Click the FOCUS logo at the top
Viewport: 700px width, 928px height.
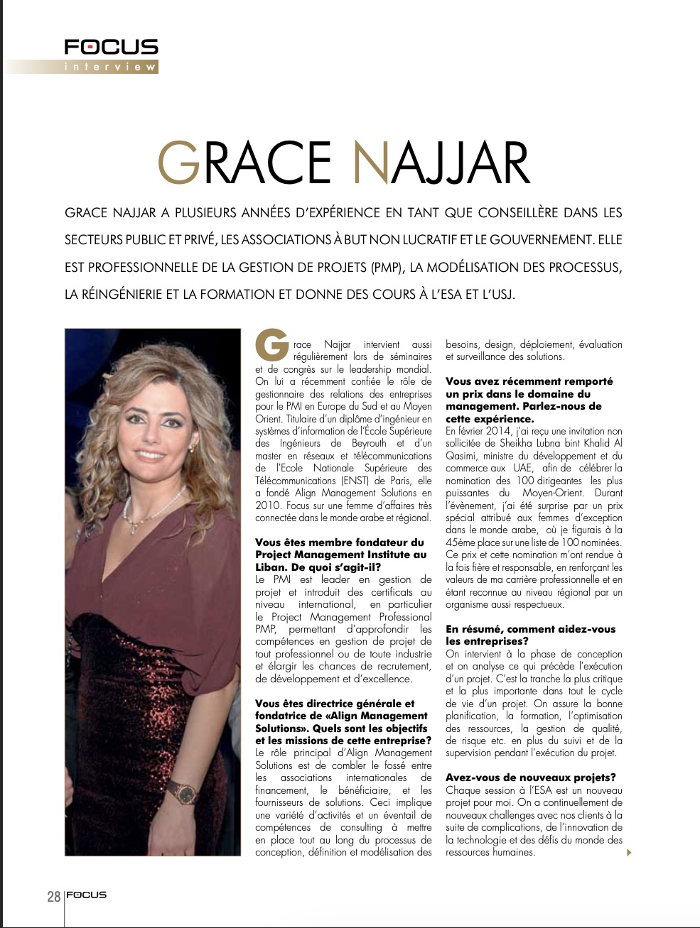[x=111, y=48]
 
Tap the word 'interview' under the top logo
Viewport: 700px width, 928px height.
[x=110, y=67]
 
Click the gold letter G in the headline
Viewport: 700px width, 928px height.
[x=179, y=163]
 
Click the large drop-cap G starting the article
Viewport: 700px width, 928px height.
[x=271, y=345]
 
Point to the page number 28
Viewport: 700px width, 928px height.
[x=54, y=896]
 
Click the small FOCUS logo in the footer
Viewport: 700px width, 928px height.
[x=87, y=895]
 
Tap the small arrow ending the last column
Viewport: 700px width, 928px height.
[x=629, y=853]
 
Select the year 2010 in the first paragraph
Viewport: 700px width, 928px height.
[x=268, y=506]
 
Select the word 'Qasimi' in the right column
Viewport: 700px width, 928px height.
[x=463, y=456]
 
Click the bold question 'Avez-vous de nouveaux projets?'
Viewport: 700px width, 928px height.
[x=531, y=777]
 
